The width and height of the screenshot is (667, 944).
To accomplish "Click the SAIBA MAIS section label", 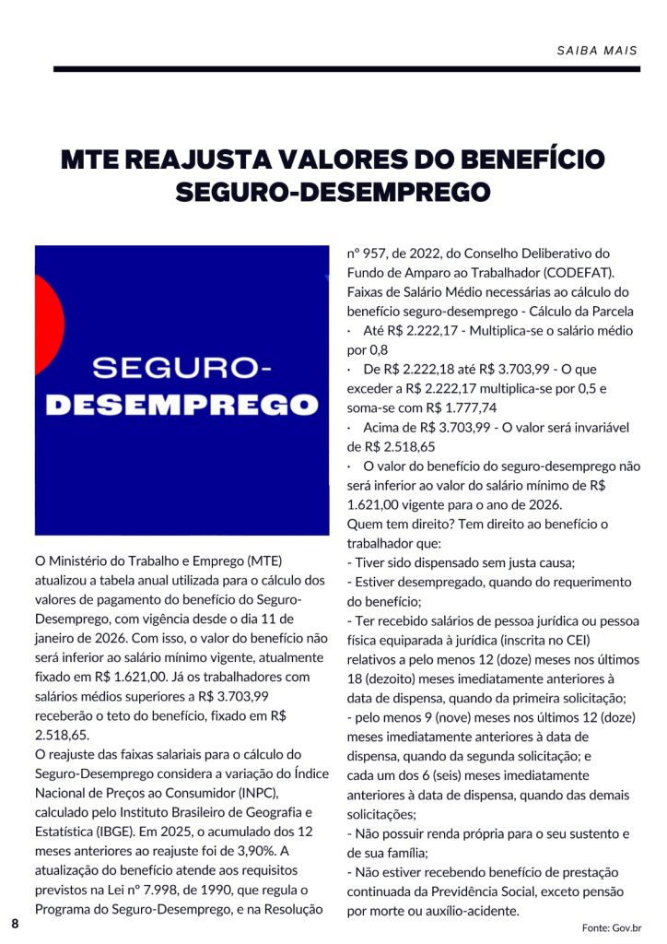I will coord(598,50).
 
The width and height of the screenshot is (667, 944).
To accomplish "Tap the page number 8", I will coord(15,923).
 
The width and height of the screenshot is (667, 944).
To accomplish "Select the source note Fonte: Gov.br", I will coord(612,926).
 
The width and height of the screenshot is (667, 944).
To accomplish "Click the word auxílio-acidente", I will coord(467,911).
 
